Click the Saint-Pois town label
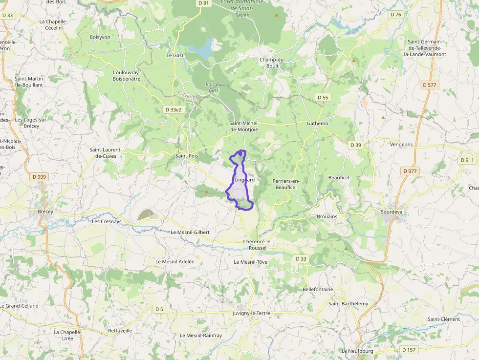187,156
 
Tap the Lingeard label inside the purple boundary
244,180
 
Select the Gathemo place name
318,124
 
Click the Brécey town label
45,212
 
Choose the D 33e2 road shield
173,110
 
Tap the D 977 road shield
410,171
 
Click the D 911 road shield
467,160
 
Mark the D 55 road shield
323,98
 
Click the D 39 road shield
356,145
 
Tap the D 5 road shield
159,309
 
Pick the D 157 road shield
409,350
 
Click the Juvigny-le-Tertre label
252,313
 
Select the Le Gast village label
175,56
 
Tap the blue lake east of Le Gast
201,49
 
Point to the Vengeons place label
401,145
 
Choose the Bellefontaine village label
318,290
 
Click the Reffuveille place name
120,331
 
